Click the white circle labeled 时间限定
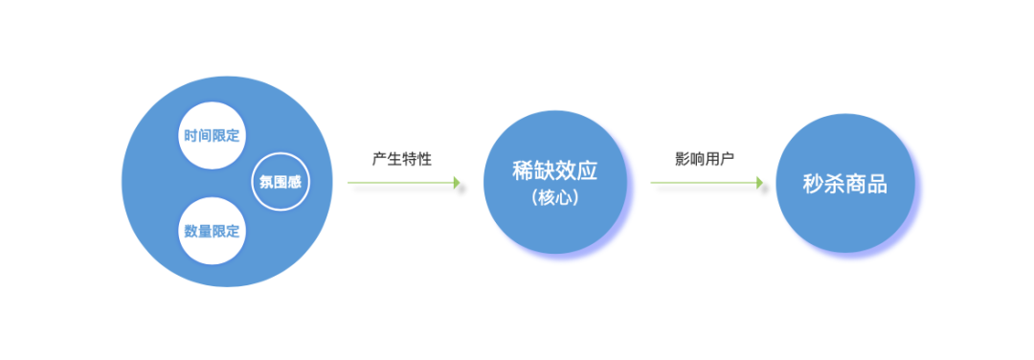[x=212, y=134]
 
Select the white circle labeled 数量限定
[x=212, y=231]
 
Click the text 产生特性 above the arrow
[x=402, y=159]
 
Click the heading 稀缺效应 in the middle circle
[x=554, y=171]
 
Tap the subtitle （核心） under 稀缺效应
[x=554, y=198]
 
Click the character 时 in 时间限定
[x=191, y=134]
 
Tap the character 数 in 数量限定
[x=191, y=231]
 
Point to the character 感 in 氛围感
[x=295, y=181]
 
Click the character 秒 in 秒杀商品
[x=813, y=183]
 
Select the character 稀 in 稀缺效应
[x=523, y=171]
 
